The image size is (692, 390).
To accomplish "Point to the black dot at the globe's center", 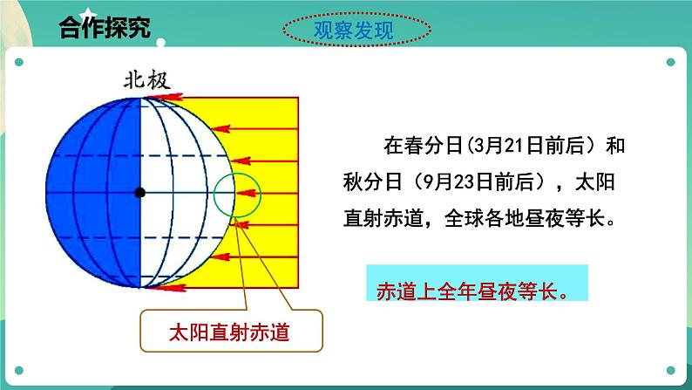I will pos(139,191).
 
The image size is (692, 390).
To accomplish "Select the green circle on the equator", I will pos(237,192).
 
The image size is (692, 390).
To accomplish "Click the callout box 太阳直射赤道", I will pos(230,332).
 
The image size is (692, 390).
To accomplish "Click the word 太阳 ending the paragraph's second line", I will pos(605,181).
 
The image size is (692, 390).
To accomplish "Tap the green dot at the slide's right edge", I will pos(671,63).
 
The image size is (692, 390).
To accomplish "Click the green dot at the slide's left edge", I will pos(18,63).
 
